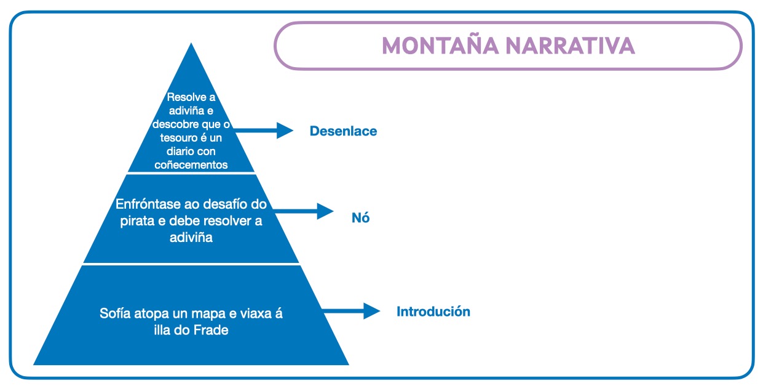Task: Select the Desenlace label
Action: coord(343,131)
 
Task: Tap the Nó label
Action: coord(361,218)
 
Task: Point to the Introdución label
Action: coord(433,312)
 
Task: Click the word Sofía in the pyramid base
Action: coord(115,313)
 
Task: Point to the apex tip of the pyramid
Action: coord(191,45)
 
